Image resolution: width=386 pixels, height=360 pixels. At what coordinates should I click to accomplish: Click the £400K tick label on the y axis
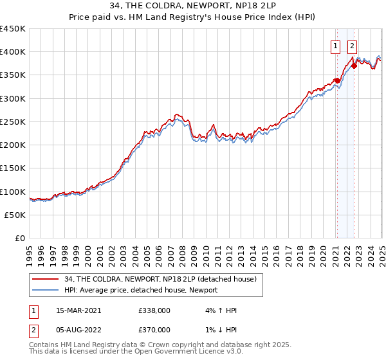coord(13,52)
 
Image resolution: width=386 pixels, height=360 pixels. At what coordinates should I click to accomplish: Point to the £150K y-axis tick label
coord(13,168)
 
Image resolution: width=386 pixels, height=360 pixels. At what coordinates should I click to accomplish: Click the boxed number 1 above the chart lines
coord(336,46)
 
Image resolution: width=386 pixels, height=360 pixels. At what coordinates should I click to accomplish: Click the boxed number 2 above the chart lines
coord(353,46)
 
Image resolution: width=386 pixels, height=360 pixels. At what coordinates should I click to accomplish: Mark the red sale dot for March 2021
coord(336,81)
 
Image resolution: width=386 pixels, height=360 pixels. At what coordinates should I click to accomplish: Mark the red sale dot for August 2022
coord(353,66)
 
